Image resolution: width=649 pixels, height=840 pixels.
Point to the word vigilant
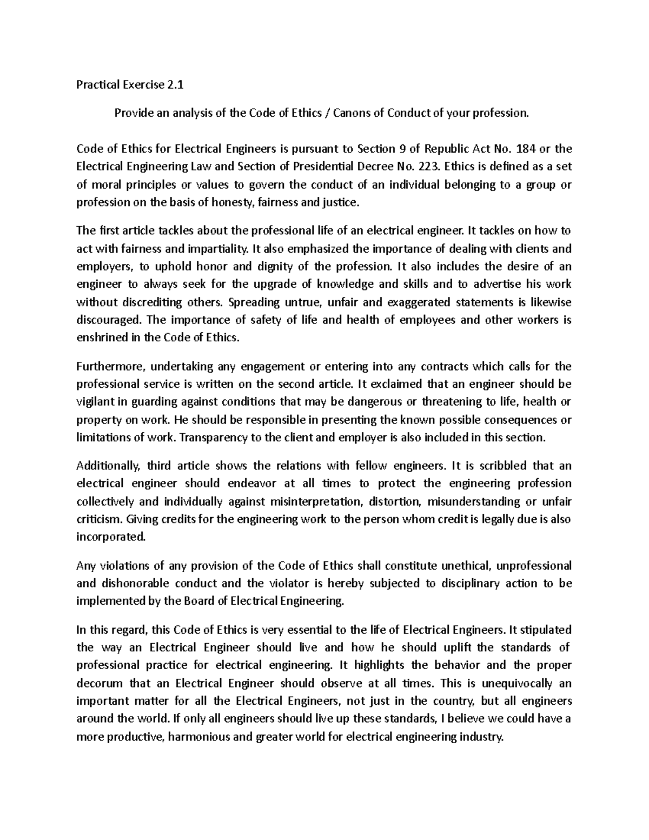click(x=95, y=402)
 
